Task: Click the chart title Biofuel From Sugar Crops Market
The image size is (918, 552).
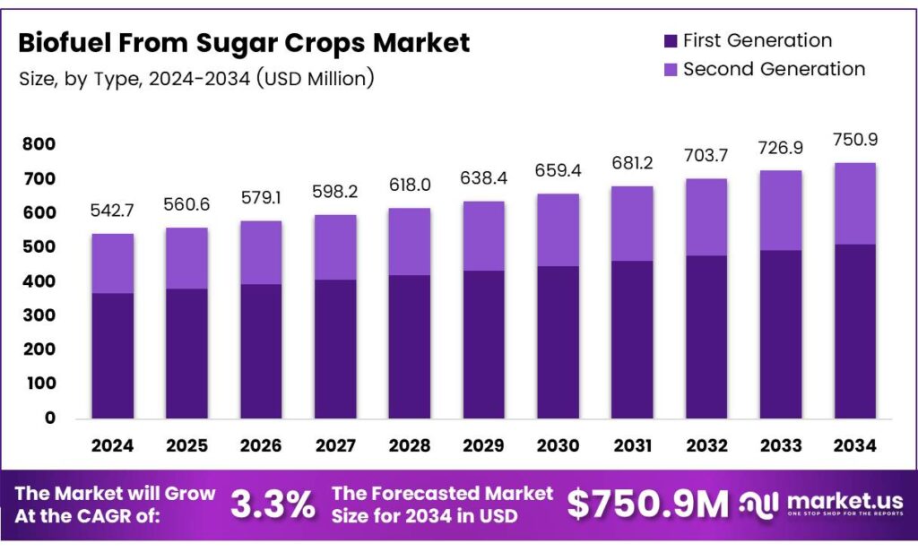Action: [x=244, y=42]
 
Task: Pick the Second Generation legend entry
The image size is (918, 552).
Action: [x=773, y=69]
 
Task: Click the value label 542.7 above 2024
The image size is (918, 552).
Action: [x=112, y=212]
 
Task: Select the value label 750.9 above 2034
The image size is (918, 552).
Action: [x=854, y=141]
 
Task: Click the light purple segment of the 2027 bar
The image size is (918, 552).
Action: [x=335, y=247]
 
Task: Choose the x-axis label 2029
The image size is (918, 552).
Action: [x=483, y=445]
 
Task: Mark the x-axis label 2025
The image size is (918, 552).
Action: [x=186, y=445]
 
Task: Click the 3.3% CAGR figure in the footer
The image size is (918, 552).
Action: [x=273, y=505]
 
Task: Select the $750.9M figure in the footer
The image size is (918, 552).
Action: [x=648, y=505]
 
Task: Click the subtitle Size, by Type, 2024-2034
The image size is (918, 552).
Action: [x=195, y=78]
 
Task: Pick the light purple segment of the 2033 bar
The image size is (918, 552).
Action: [x=780, y=210]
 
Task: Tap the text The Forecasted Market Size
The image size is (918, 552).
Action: [x=442, y=505]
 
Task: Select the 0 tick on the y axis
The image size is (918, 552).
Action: [x=49, y=418]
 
